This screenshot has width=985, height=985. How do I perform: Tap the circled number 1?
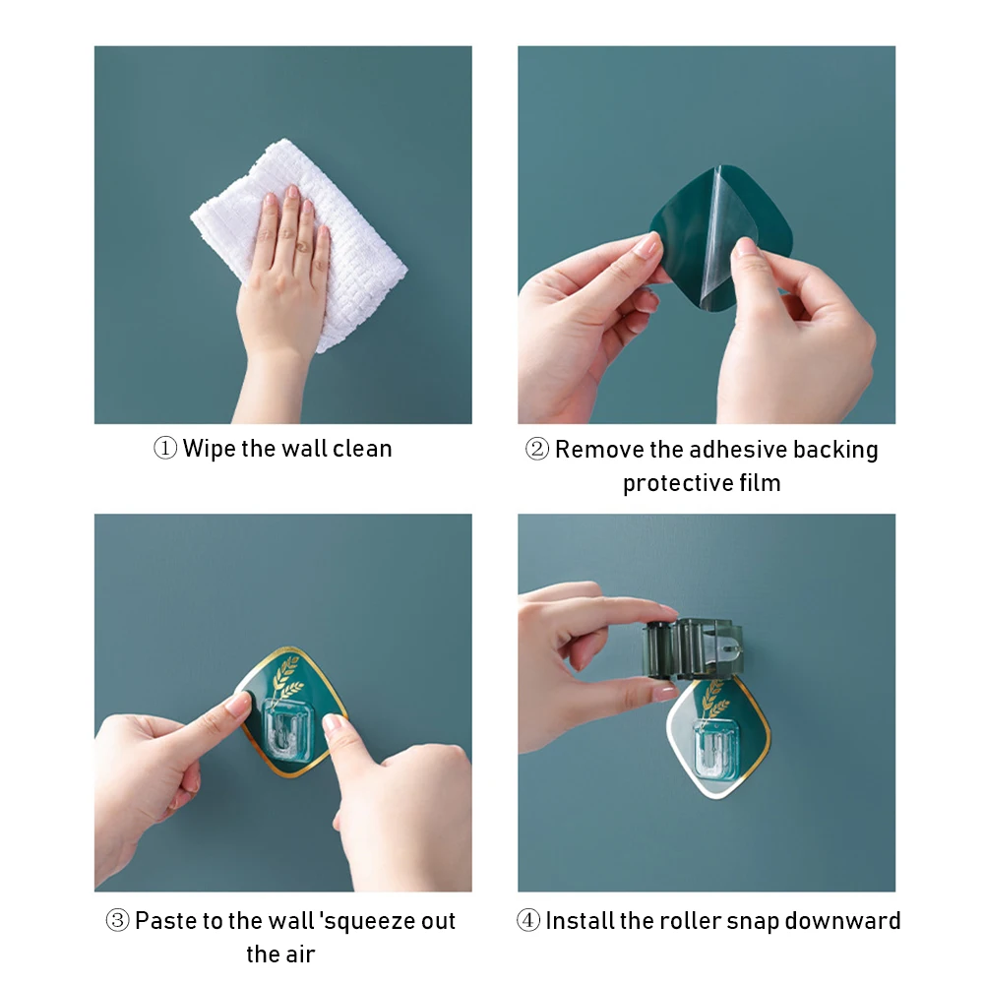165,449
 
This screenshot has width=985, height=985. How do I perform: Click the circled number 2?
537,449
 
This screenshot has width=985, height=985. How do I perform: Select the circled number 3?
117,921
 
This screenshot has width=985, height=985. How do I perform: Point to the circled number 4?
528,921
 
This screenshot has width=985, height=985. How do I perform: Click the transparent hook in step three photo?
288,729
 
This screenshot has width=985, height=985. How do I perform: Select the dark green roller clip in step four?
692,648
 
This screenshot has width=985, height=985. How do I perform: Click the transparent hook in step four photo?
717,752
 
